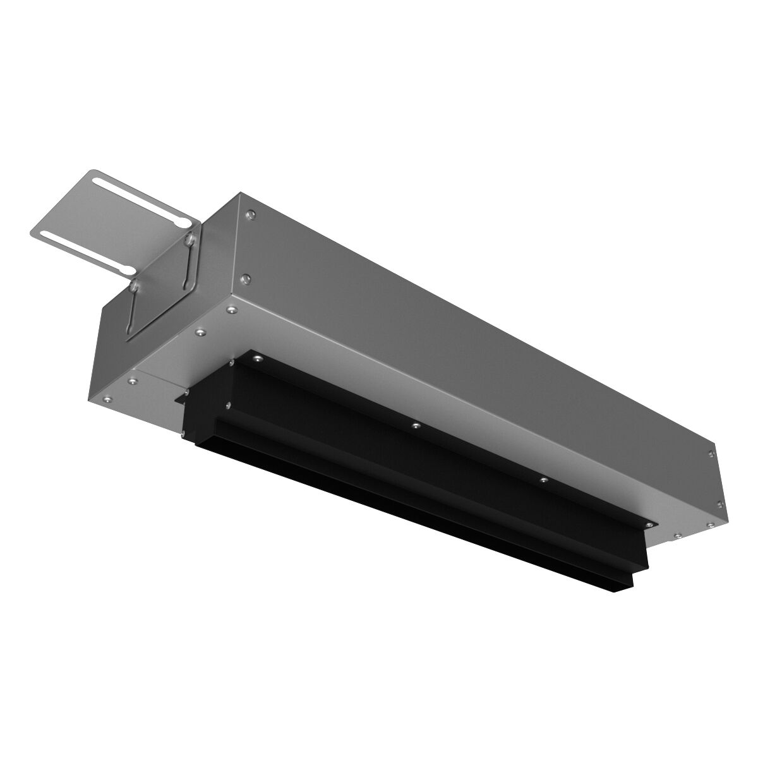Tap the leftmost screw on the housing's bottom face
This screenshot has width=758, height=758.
(x=107, y=399)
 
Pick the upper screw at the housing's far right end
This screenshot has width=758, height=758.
(x=712, y=454)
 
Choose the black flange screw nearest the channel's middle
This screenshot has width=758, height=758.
(x=415, y=426)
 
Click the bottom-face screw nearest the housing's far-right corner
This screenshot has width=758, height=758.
(x=710, y=524)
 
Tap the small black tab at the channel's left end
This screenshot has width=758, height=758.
(x=180, y=399)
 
